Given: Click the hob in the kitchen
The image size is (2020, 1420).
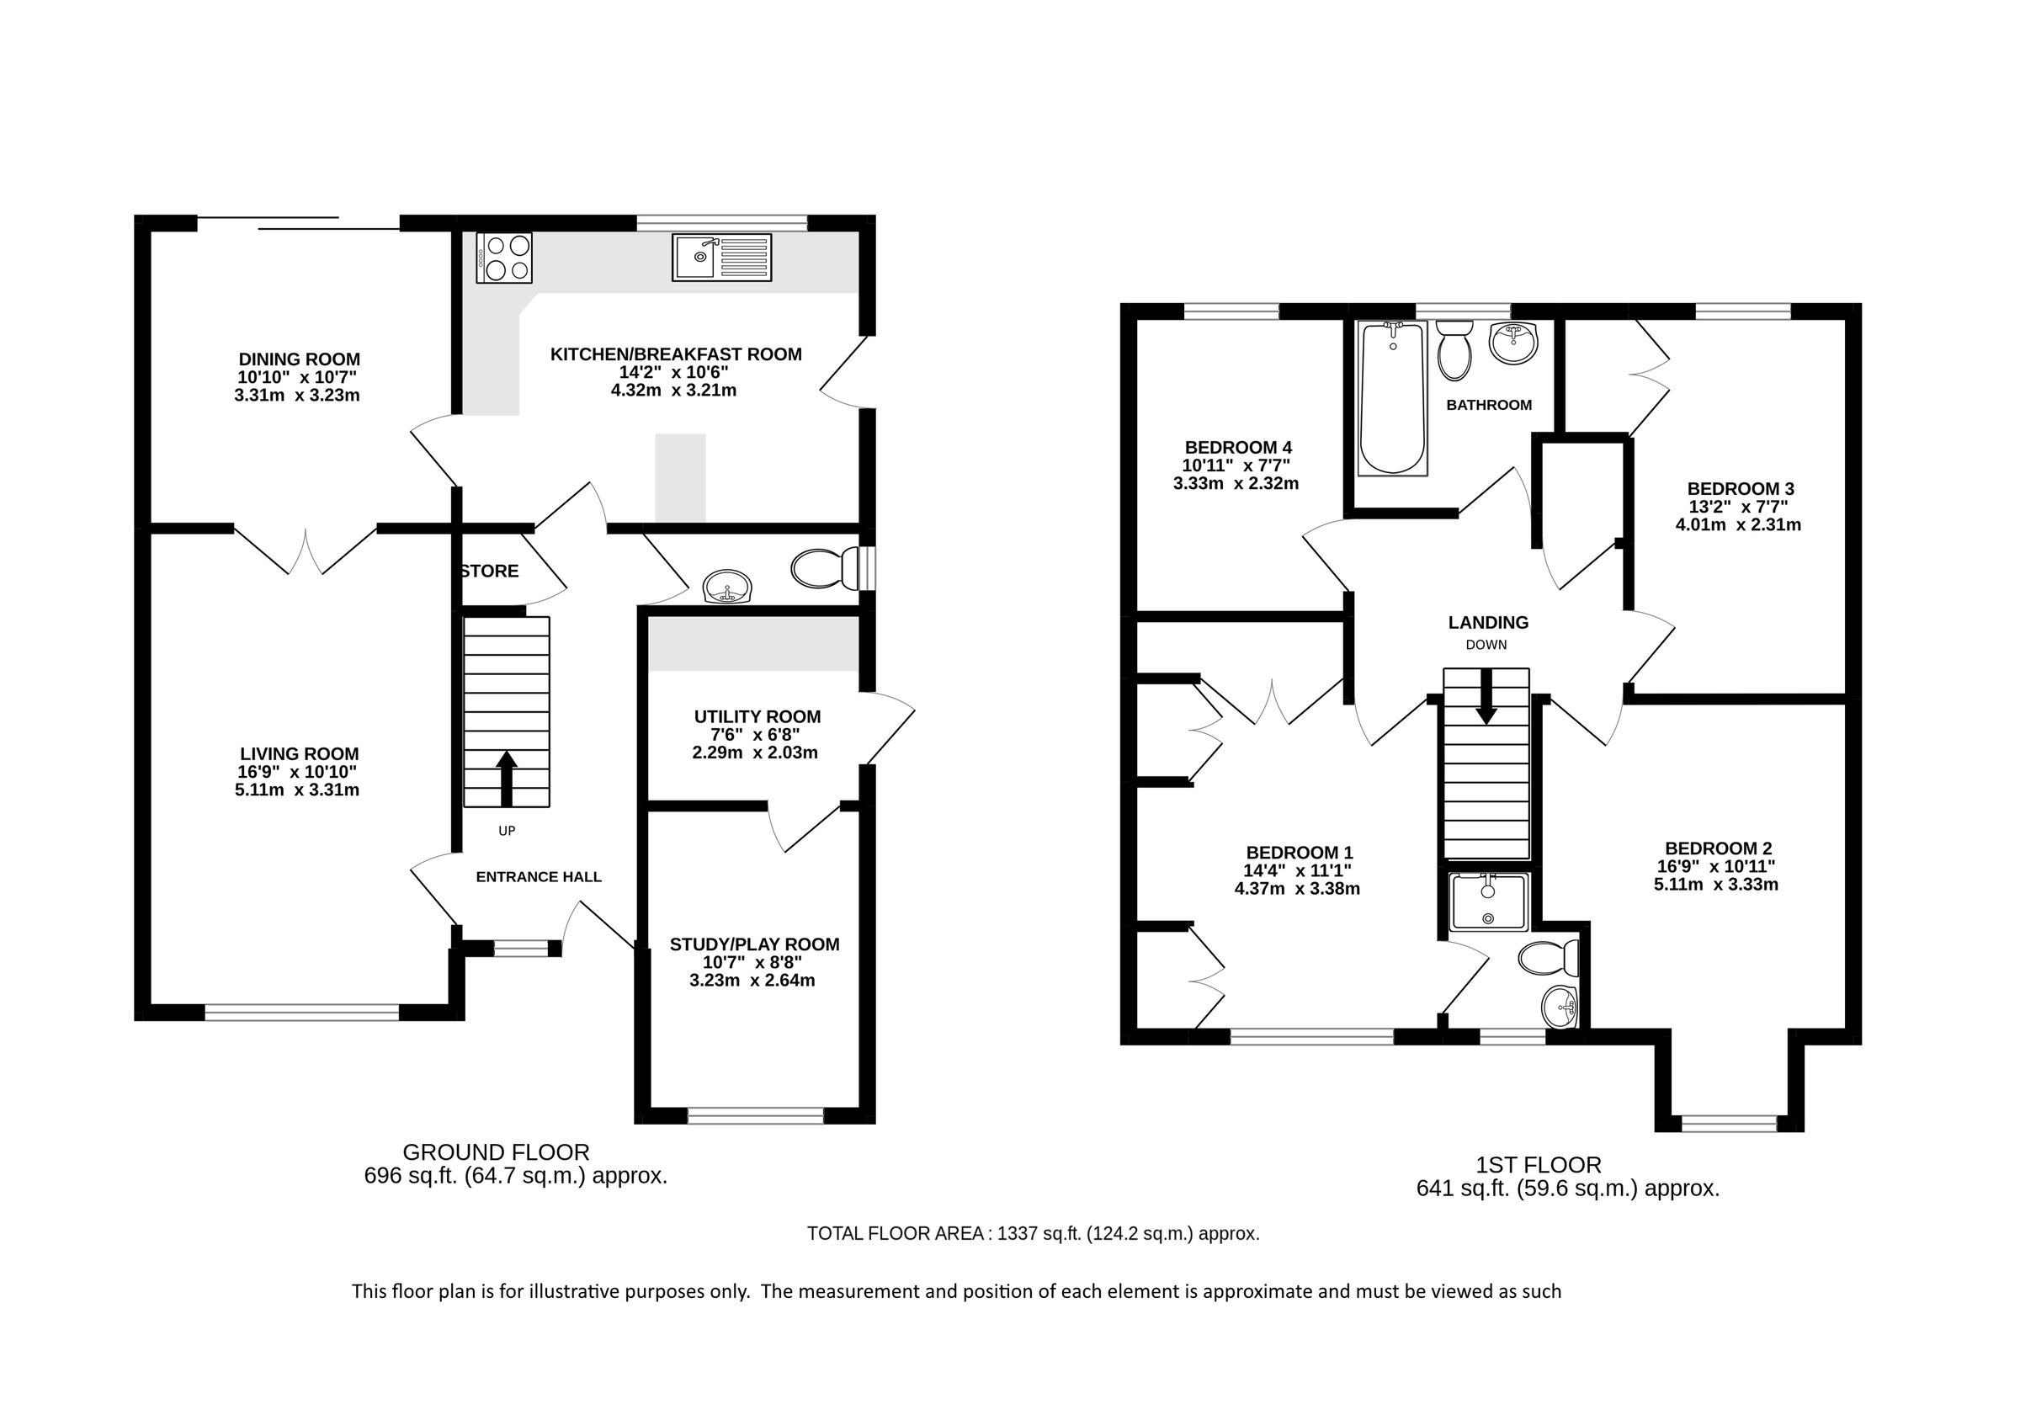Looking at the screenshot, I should click(x=504, y=258).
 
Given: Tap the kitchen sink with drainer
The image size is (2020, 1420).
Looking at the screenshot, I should click(x=721, y=257).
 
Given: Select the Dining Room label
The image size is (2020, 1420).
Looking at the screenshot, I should click(x=299, y=359).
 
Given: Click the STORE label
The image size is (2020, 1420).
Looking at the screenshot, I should click(x=490, y=571).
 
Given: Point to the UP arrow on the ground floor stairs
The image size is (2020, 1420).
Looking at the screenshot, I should click(x=506, y=778).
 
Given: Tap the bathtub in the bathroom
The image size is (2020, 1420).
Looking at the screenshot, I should click(x=1391, y=398).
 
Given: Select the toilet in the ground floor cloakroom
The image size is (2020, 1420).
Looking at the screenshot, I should click(x=828, y=569).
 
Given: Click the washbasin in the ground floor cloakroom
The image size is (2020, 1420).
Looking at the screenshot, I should click(x=727, y=585).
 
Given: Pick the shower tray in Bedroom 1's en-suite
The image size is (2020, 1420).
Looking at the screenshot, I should click(x=1489, y=901).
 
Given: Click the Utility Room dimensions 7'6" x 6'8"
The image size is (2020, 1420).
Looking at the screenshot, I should click(x=757, y=735).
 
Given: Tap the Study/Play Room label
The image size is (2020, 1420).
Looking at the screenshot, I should click(x=754, y=944).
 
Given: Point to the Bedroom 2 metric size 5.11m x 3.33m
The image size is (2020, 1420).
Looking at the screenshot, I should click(x=1715, y=884).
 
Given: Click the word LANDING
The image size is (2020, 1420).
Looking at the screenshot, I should click(x=1488, y=623).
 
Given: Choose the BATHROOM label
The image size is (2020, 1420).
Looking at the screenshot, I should click(x=1489, y=405).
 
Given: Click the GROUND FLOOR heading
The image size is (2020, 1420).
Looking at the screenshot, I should click(x=496, y=1151).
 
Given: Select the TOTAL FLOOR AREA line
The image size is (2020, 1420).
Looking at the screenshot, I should click(x=1033, y=1233).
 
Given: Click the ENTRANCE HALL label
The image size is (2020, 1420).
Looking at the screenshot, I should click(x=539, y=876).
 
